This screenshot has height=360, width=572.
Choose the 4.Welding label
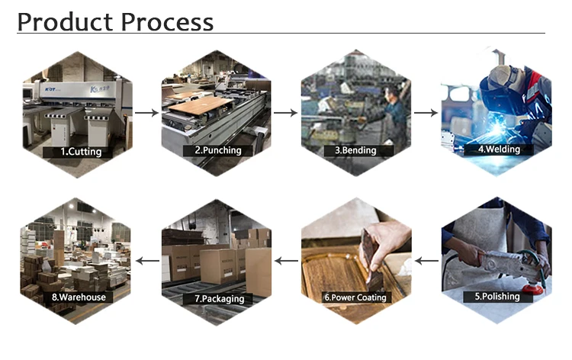[498, 149]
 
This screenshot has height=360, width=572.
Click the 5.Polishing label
[496, 296]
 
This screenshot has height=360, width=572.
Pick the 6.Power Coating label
[355, 297]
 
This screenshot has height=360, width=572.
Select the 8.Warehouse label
[79, 297]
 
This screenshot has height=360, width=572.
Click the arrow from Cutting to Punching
[146, 113]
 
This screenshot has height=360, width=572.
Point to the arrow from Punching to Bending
[285, 113]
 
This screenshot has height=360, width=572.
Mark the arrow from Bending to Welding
[426, 113]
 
